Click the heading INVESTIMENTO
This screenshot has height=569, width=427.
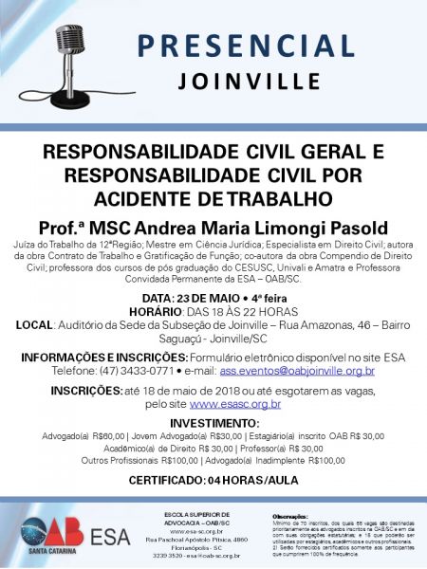[x=213, y=421]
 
